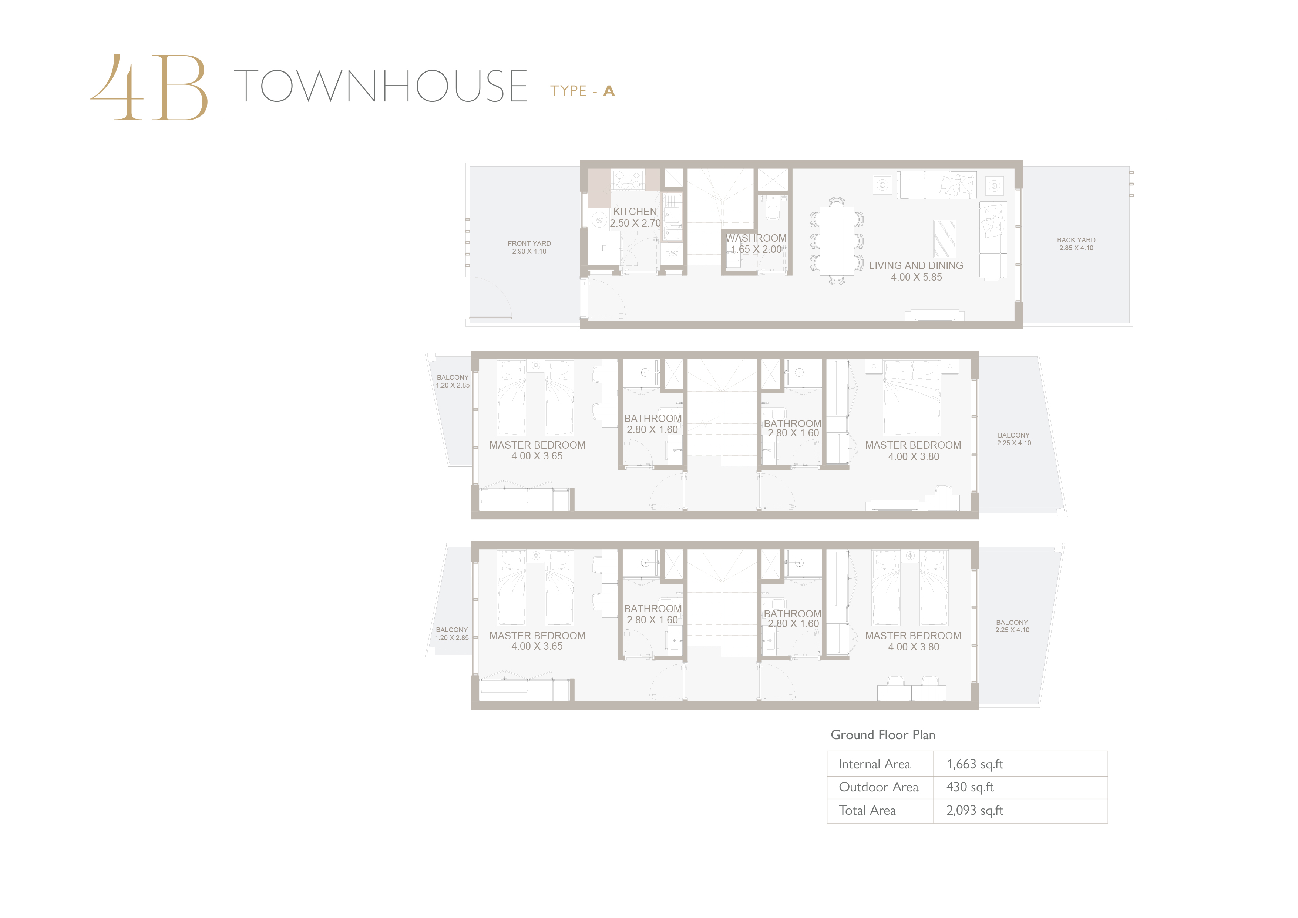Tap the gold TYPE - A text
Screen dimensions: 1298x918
tap(582, 91)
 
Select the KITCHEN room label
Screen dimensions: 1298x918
tap(635, 211)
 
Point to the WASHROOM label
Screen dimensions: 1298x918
tap(756, 238)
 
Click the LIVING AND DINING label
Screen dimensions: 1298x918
tap(916, 265)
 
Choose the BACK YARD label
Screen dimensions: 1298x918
tap(1076, 240)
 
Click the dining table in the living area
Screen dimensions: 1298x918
tap(836, 240)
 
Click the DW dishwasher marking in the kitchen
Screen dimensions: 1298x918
tap(672, 254)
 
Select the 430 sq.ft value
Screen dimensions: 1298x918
tap(969, 787)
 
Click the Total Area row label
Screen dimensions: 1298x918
tap(867, 811)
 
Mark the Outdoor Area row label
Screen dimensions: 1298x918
tap(878, 787)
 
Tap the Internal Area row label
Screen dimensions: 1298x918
tap(875, 764)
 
